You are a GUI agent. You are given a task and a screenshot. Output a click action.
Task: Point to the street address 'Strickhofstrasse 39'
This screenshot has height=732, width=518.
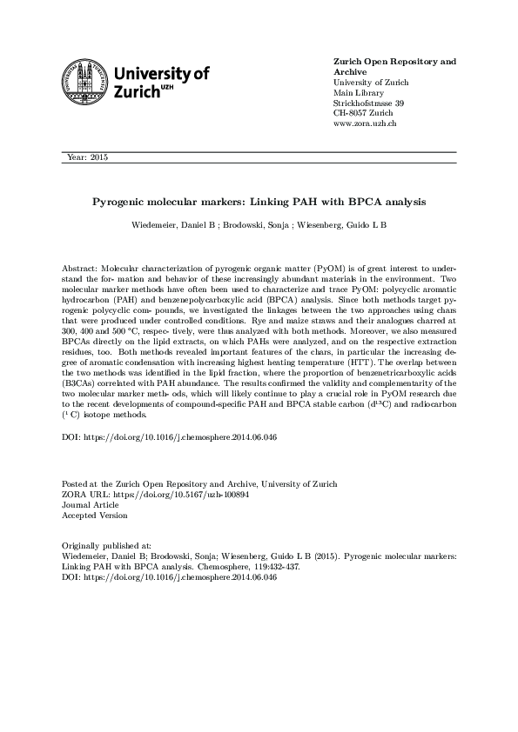pos(369,103)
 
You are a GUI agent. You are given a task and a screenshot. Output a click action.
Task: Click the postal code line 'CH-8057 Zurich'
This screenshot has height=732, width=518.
pos(364,114)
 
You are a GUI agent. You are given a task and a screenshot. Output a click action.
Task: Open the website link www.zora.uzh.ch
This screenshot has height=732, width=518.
pos(366,124)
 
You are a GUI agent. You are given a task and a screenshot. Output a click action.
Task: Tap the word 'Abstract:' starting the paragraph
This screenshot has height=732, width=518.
pos(82,270)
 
